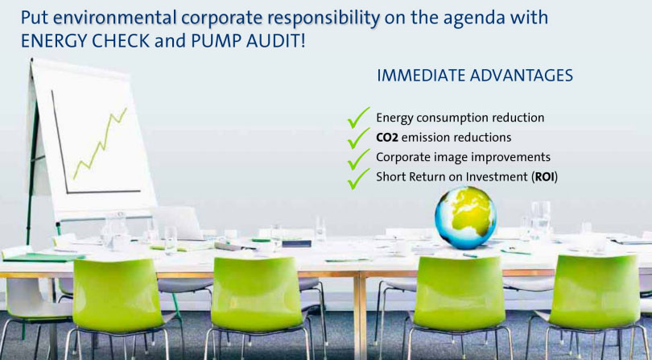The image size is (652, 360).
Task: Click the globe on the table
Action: pos(465,217)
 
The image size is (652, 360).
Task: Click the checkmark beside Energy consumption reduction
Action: pos(358,118)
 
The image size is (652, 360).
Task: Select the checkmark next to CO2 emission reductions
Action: pos(358,138)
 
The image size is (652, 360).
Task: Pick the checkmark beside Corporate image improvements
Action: pos(358,159)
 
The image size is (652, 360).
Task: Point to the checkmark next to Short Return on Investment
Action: pos(358,179)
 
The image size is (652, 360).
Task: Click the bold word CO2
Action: pos(387,138)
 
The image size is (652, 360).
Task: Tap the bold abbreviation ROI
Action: pos(545,177)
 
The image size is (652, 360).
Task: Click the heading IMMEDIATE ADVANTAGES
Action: pos(475,76)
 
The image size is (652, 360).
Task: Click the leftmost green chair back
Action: pos(118,295)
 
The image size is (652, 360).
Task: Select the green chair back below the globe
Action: pos(460,293)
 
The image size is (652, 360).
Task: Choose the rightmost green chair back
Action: pos(596,292)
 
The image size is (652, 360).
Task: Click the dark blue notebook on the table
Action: pos(296,243)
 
